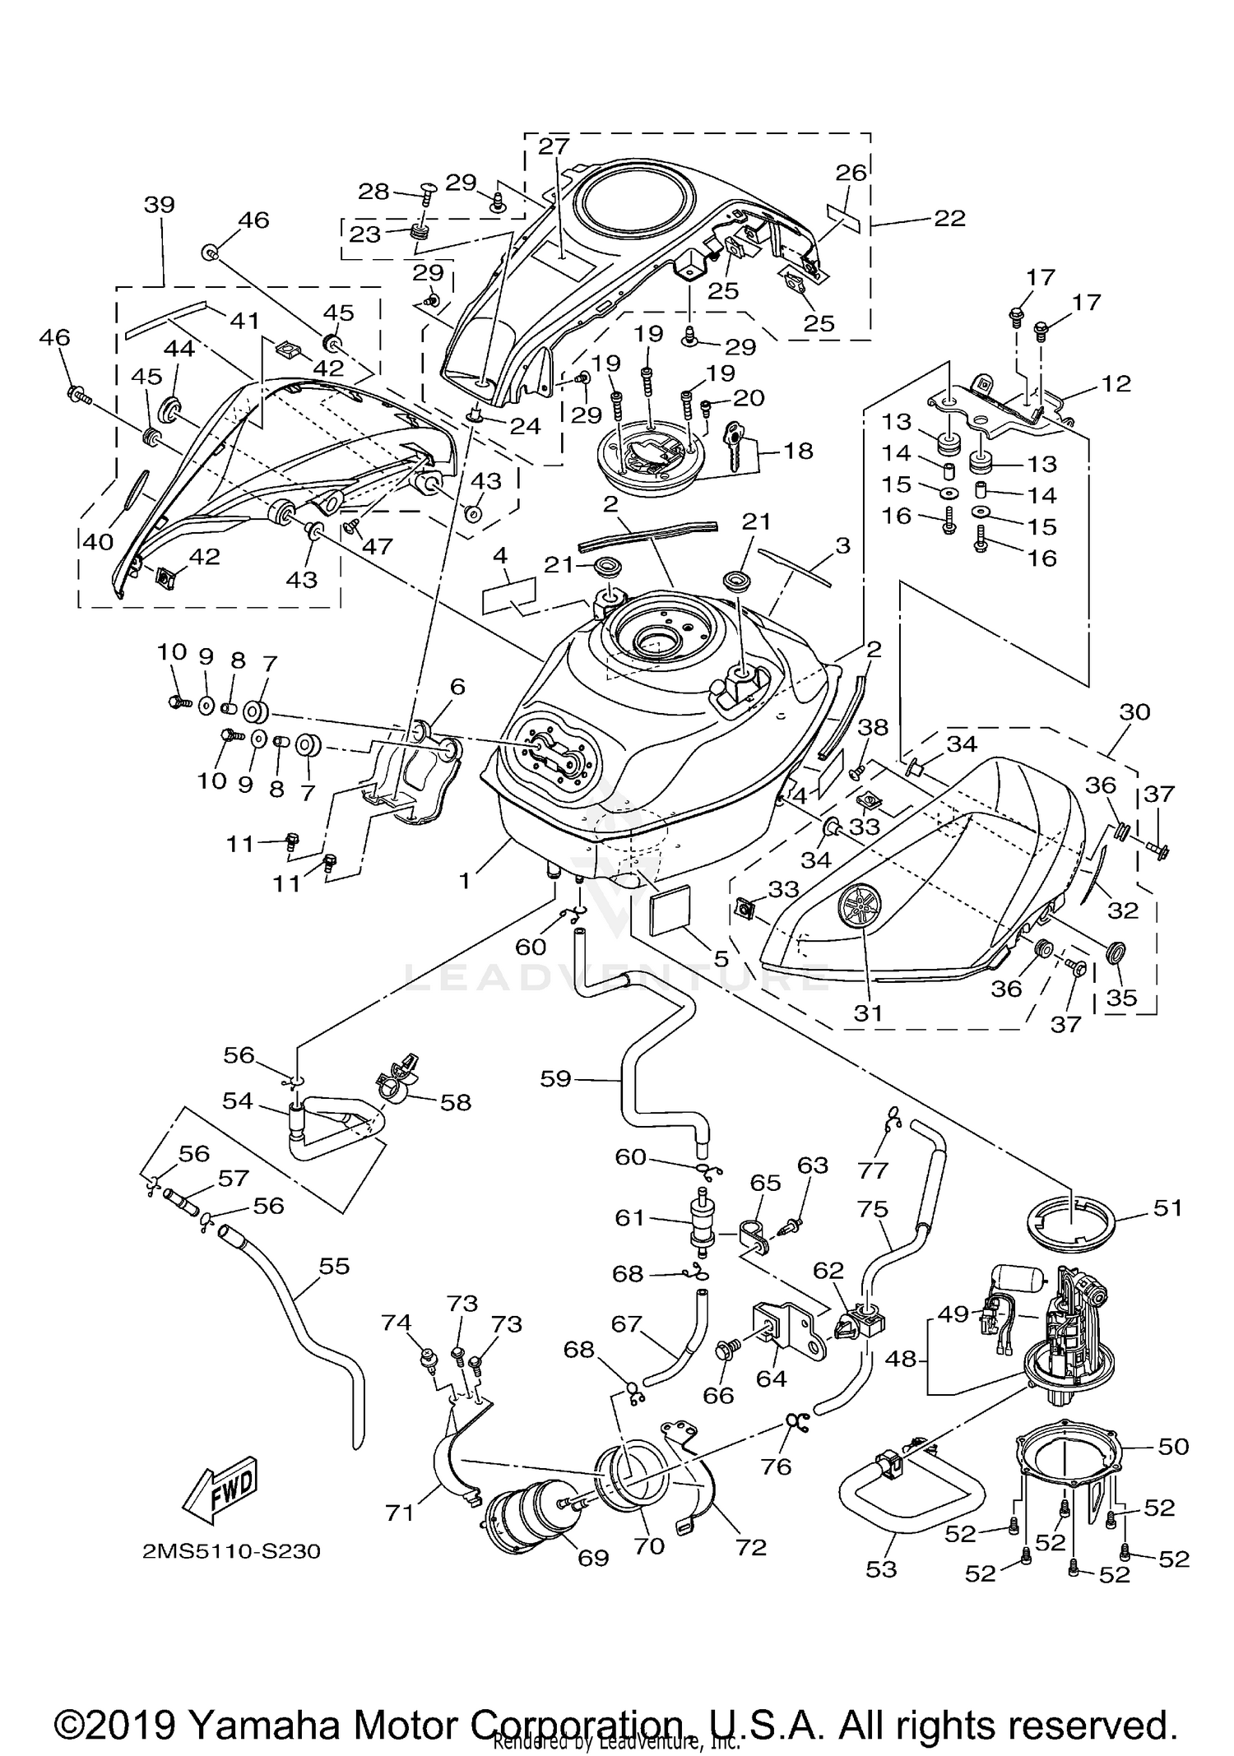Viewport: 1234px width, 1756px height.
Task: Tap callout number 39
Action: (159, 205)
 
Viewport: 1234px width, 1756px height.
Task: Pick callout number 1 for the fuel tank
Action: (465, 881)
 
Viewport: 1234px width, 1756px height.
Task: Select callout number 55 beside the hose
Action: (334, 1266)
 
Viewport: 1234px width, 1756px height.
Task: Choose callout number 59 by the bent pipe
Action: (555, 1077)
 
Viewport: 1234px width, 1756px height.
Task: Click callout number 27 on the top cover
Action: (554, 146)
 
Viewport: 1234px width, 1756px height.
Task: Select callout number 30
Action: (1134, 711)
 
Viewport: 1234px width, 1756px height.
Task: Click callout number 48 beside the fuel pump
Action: (902, 1359)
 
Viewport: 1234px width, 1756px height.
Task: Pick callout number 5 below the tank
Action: (721, 958)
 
